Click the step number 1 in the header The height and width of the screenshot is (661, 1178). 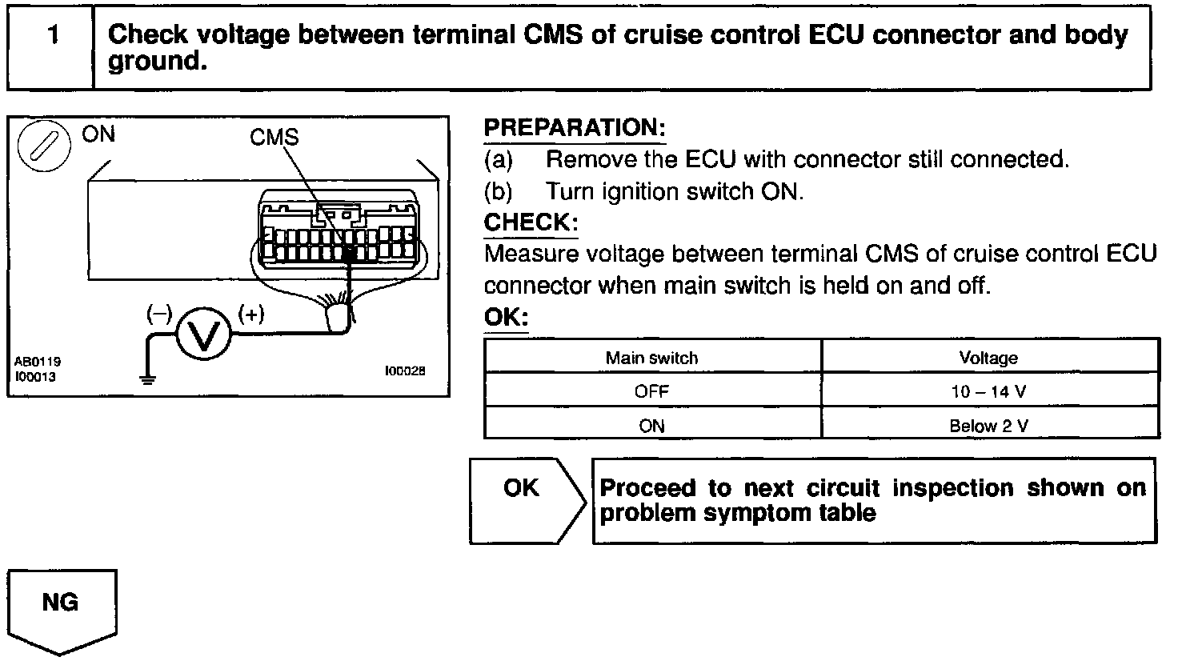53,35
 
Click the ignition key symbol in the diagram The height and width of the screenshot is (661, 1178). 44,146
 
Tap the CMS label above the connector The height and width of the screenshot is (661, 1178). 274,138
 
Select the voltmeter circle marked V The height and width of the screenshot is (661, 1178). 203,334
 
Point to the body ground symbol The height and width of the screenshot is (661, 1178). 148,379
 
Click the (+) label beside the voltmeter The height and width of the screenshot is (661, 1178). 250,314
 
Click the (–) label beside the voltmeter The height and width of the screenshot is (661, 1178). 159,314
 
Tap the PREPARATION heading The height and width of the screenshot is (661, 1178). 575,128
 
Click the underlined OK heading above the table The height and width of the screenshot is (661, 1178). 506,317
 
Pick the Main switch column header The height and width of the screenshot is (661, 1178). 651,358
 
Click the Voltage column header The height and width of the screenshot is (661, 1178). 988,358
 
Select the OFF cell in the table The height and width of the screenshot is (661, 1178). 651,392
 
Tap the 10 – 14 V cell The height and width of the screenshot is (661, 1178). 988,392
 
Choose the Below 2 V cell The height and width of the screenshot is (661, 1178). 988,426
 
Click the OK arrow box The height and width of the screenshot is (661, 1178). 527,501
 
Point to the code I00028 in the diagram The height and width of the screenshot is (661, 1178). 405,371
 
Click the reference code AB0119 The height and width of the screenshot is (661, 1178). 38,362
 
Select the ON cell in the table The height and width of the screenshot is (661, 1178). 651,426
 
